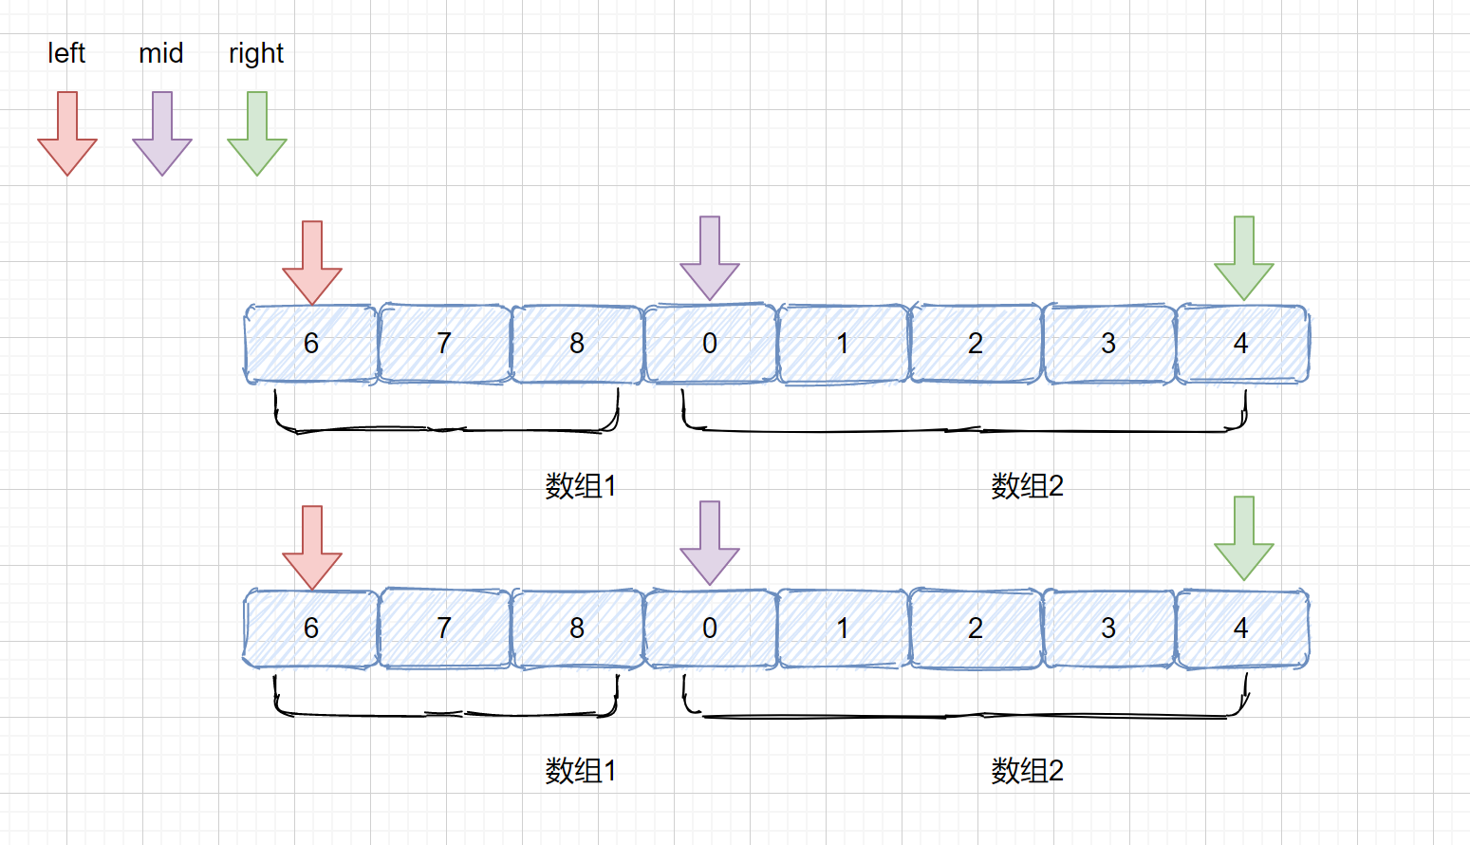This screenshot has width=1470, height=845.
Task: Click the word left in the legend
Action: pos(66,53)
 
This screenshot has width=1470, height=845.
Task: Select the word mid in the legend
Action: pos(161,53)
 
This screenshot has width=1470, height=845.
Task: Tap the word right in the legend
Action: pos(256,54)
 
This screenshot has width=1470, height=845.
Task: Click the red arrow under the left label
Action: pos(67,134)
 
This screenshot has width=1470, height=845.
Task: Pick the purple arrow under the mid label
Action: pos(162,134)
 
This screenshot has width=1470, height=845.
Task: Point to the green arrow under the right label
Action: pos(257,134)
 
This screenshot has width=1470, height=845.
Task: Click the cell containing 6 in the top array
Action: pos(311,344)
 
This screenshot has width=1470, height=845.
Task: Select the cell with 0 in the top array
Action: pos(710,344)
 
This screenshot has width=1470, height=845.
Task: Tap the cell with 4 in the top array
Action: pos(1241,344)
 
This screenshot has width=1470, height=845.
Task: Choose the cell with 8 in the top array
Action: pos(577,344)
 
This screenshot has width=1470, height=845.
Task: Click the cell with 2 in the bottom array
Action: pos(976,629)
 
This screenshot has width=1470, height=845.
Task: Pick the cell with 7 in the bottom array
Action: pos(444,629)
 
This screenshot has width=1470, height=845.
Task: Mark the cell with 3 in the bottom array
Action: pos(1108,629)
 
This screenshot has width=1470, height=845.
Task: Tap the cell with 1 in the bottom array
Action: pos(843,629)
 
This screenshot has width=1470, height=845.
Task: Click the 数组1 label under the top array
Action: pos(581,486)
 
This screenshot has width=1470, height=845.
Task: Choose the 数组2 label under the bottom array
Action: pos(1027,771)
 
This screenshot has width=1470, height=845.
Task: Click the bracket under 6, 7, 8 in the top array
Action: pos(446,429)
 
